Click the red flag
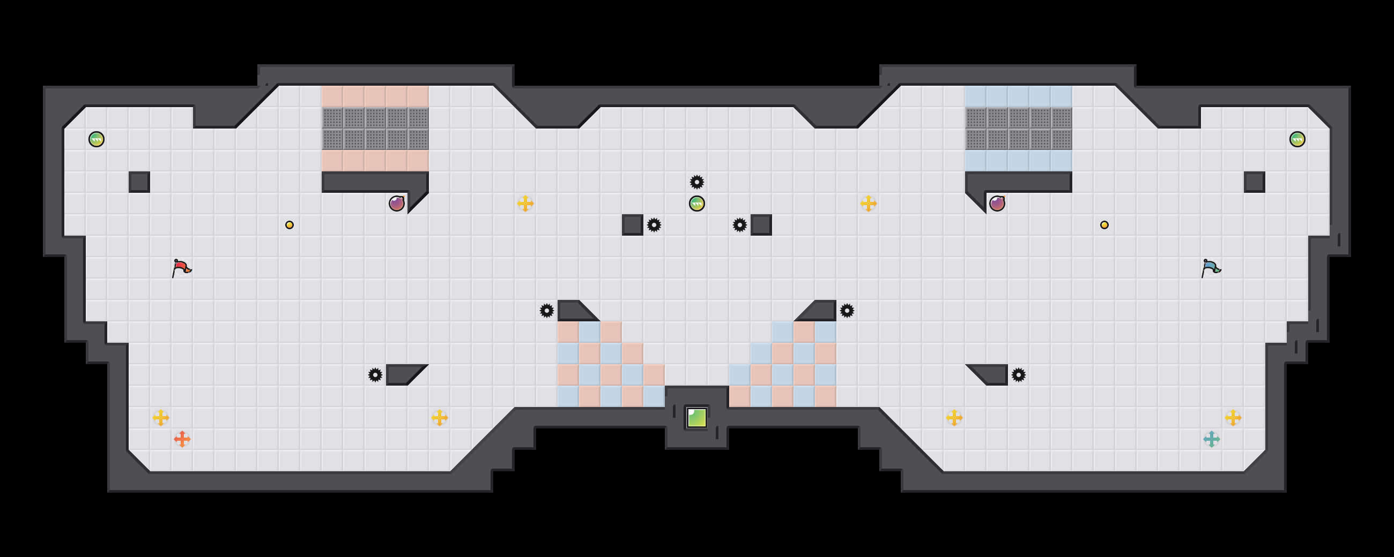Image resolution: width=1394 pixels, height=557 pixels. (181, 268)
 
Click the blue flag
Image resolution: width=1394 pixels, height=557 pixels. (1211, 268)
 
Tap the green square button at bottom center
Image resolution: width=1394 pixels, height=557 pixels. (696, 417)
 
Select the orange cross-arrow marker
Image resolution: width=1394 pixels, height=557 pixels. (182, 439)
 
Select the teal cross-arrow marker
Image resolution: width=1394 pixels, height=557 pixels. (1211, 439)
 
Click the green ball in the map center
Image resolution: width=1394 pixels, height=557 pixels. (696, 204)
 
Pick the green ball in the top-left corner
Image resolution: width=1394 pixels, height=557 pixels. (97, 139)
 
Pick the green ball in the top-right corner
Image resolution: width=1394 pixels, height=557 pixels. (1297, 139)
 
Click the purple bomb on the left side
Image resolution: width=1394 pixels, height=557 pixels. (397, 204)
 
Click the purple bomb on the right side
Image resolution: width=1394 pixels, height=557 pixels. (997, 204)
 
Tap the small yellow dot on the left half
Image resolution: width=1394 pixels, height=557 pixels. (290, 225)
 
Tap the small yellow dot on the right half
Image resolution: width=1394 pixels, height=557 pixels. (1104, 225)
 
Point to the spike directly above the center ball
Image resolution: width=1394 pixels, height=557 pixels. (696, 182)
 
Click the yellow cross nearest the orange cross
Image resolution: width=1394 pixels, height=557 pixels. (161, 417)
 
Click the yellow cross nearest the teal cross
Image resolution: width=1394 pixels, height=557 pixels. (1233, 417)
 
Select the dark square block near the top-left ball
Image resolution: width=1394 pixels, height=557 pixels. (139, 182)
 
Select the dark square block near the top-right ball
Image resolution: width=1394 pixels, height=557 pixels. (1254, 182)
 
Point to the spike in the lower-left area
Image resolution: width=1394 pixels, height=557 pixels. (375, 375)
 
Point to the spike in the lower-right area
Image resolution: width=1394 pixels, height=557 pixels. (1019, 375)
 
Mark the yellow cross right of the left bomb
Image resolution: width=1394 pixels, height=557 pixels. (525, 204)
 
